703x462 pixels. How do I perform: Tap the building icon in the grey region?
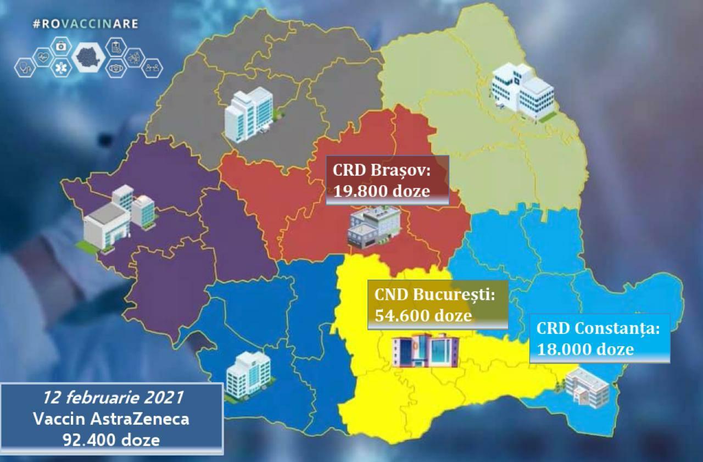click(x=249, y=114)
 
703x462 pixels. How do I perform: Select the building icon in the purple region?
click(x=119, y=216)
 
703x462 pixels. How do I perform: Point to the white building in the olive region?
click(x=522, y=91)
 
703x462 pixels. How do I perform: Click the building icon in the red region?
click(x=374, y=226)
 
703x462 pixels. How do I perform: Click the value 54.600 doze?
click(x=423, y=315)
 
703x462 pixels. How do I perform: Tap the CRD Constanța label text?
click(x=598, y=329)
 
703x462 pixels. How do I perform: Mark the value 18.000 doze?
click(x=585, y=349)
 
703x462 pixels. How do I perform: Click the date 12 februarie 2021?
click(x=111, y=397)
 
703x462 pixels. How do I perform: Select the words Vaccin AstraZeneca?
click(x=111, y=419)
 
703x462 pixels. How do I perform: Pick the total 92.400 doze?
click(x=111, y=439)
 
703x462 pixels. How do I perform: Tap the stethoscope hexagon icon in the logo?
click(x=25, y=67)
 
